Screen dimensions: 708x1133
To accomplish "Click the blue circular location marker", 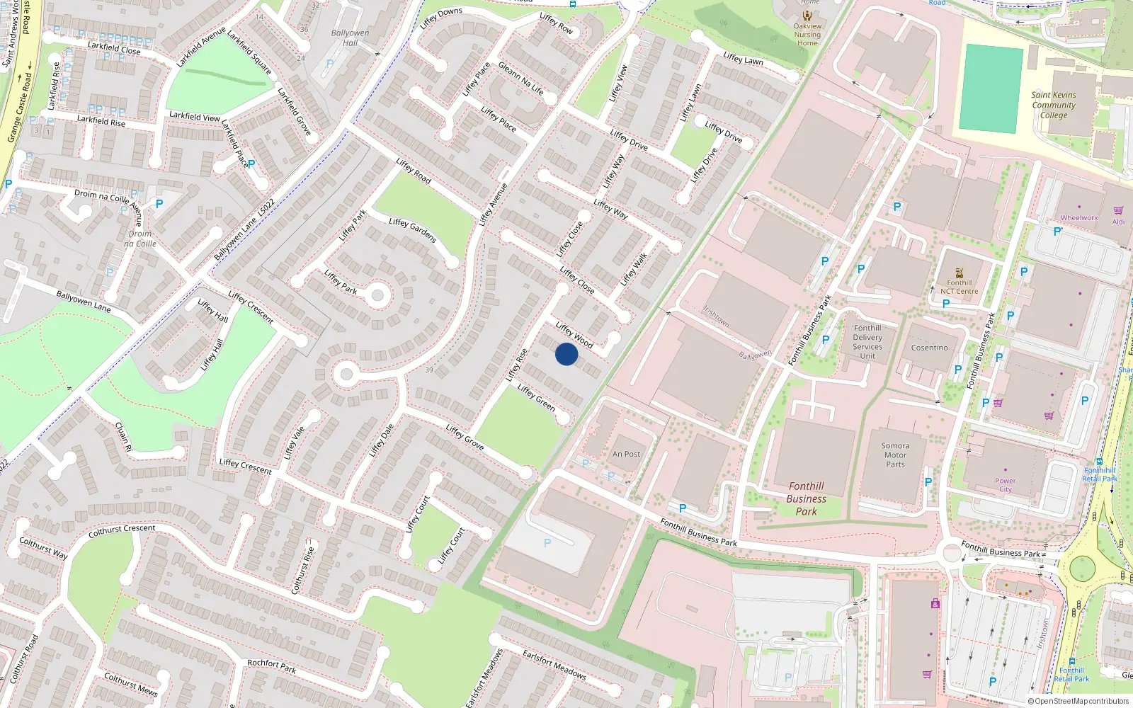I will tap(566, 354).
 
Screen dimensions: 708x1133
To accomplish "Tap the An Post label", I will tap(626, 455).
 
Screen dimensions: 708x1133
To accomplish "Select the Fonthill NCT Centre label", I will tap(960, 287).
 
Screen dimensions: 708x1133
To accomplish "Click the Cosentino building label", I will tap(929, 348).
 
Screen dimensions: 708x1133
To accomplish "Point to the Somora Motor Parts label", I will tap(895, 455).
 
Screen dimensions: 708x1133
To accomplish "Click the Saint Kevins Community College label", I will tap(1053, 105).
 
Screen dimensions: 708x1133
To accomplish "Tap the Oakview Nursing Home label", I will tap(807, 35).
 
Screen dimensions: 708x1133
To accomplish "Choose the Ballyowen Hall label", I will tap(350, 38).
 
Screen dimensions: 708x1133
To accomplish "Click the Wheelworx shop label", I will tap(1079, 218).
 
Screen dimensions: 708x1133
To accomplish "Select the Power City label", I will tap(1005, 485).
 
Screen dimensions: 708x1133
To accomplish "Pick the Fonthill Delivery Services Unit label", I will tap(867, 342).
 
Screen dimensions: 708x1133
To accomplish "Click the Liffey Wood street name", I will tap(574, 335).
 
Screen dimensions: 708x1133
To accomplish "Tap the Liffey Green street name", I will tap(536, 397).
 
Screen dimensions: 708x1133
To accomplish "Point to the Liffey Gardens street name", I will tap(412, 231).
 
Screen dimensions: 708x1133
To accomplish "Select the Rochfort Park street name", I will tap(272, 666).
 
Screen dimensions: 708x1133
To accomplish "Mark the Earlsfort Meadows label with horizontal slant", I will tap(554, 665).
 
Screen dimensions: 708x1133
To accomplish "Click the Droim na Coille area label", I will tap(140, 239).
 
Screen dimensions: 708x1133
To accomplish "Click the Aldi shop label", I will tap(1118, 222).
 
